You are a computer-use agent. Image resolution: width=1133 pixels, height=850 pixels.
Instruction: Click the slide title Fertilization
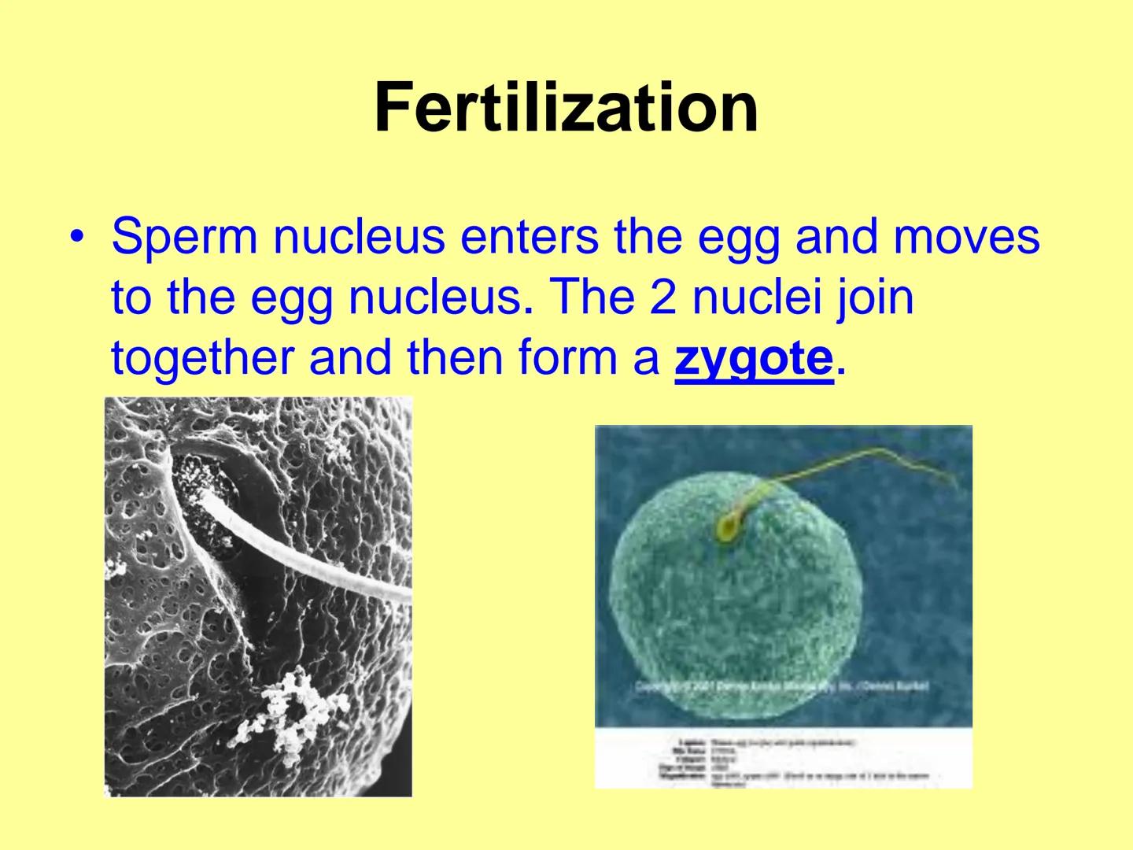566,108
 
